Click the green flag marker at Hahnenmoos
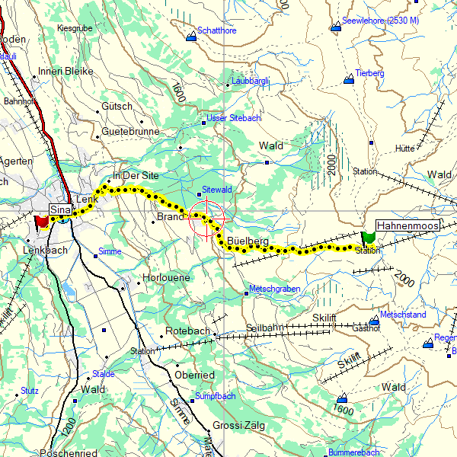(x=369, y=238)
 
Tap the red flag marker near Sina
(x=41, y=222)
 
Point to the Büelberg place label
(x=248, y=241)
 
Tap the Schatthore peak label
(x=217, y=31)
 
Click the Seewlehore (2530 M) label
(x=381, y=21)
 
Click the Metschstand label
(x=403, y=315)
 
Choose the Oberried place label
(x=194, y=376)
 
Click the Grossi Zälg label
(x=238, y=426)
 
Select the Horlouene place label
(x=166, y=278)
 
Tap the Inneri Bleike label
(x=66, y=72)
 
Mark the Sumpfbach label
(x=217, y=396)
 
